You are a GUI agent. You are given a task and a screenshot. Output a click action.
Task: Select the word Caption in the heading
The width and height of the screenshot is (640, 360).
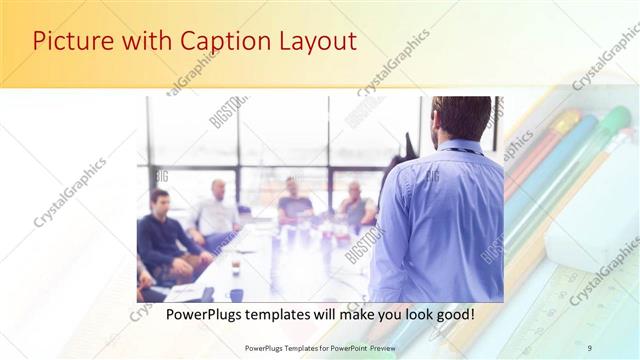point(216,41)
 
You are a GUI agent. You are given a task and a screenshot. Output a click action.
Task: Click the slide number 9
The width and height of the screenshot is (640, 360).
point(590,348)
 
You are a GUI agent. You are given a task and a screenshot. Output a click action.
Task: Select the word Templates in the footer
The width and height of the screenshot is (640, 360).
point(289,348)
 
